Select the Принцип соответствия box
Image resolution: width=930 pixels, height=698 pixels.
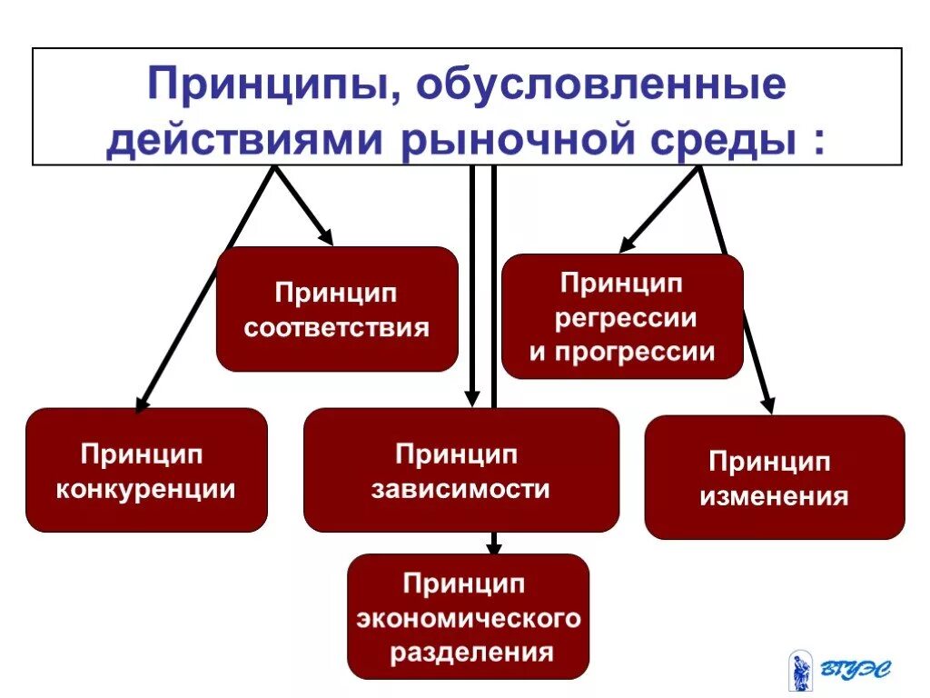click(337, 309)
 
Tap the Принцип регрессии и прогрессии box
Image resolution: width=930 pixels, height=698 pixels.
click(622, 316)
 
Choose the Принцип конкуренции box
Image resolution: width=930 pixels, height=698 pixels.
click(146, 470)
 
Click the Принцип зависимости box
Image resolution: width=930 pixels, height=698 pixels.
click(461, 470)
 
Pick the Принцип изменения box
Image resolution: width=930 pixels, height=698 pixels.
click(775, 477)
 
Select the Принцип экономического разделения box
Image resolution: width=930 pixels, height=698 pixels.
click(468, 616)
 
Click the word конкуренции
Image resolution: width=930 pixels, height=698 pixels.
click(146, 489)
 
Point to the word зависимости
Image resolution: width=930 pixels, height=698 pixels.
click(461, 489)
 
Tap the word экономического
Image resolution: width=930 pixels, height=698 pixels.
click(468, 618)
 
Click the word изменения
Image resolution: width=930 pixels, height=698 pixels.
click(775, 496)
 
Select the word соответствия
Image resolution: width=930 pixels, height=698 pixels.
click(337, 327)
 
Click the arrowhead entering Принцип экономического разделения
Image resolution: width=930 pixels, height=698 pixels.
click(493, 548)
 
